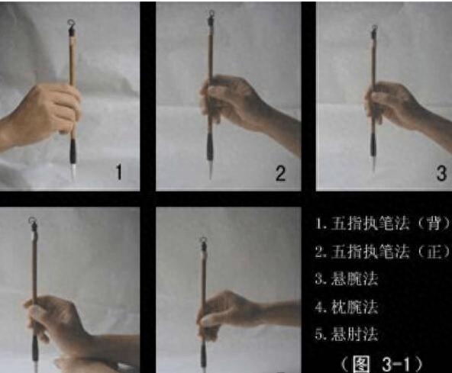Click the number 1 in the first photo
(119, 172)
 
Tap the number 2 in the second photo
(281, 173)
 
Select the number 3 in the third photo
(441, 173)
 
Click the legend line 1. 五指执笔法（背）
(383, 223)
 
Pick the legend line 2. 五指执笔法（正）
(383, 252)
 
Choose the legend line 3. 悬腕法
(347, 279)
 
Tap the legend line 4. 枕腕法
(347, 307)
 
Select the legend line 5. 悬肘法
(347, 334)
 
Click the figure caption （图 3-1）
(381, 365)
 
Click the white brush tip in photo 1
(73, 172)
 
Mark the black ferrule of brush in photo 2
(210, 148)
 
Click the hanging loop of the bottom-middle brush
(203, 240)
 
